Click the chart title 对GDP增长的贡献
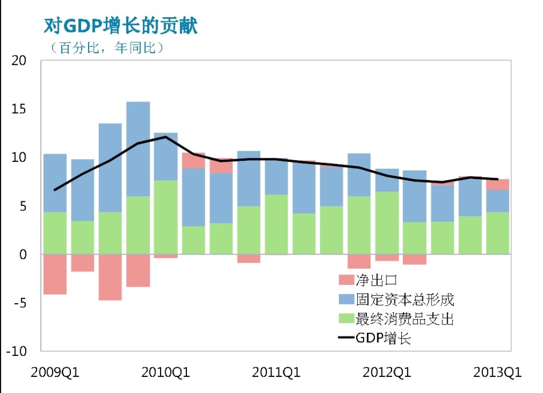(x=121, y=25)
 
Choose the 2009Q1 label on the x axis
(x=55, y=372)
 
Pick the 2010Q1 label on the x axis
(x=165, y=372)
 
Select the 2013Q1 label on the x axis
(x=497, y=372)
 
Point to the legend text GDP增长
(x=384, y=338)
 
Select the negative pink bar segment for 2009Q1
(x=55, y=274)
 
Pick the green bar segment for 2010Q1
(x=165, y=217)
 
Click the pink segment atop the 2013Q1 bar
(x=497, y=184)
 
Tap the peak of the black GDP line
(x=165, y=137)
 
